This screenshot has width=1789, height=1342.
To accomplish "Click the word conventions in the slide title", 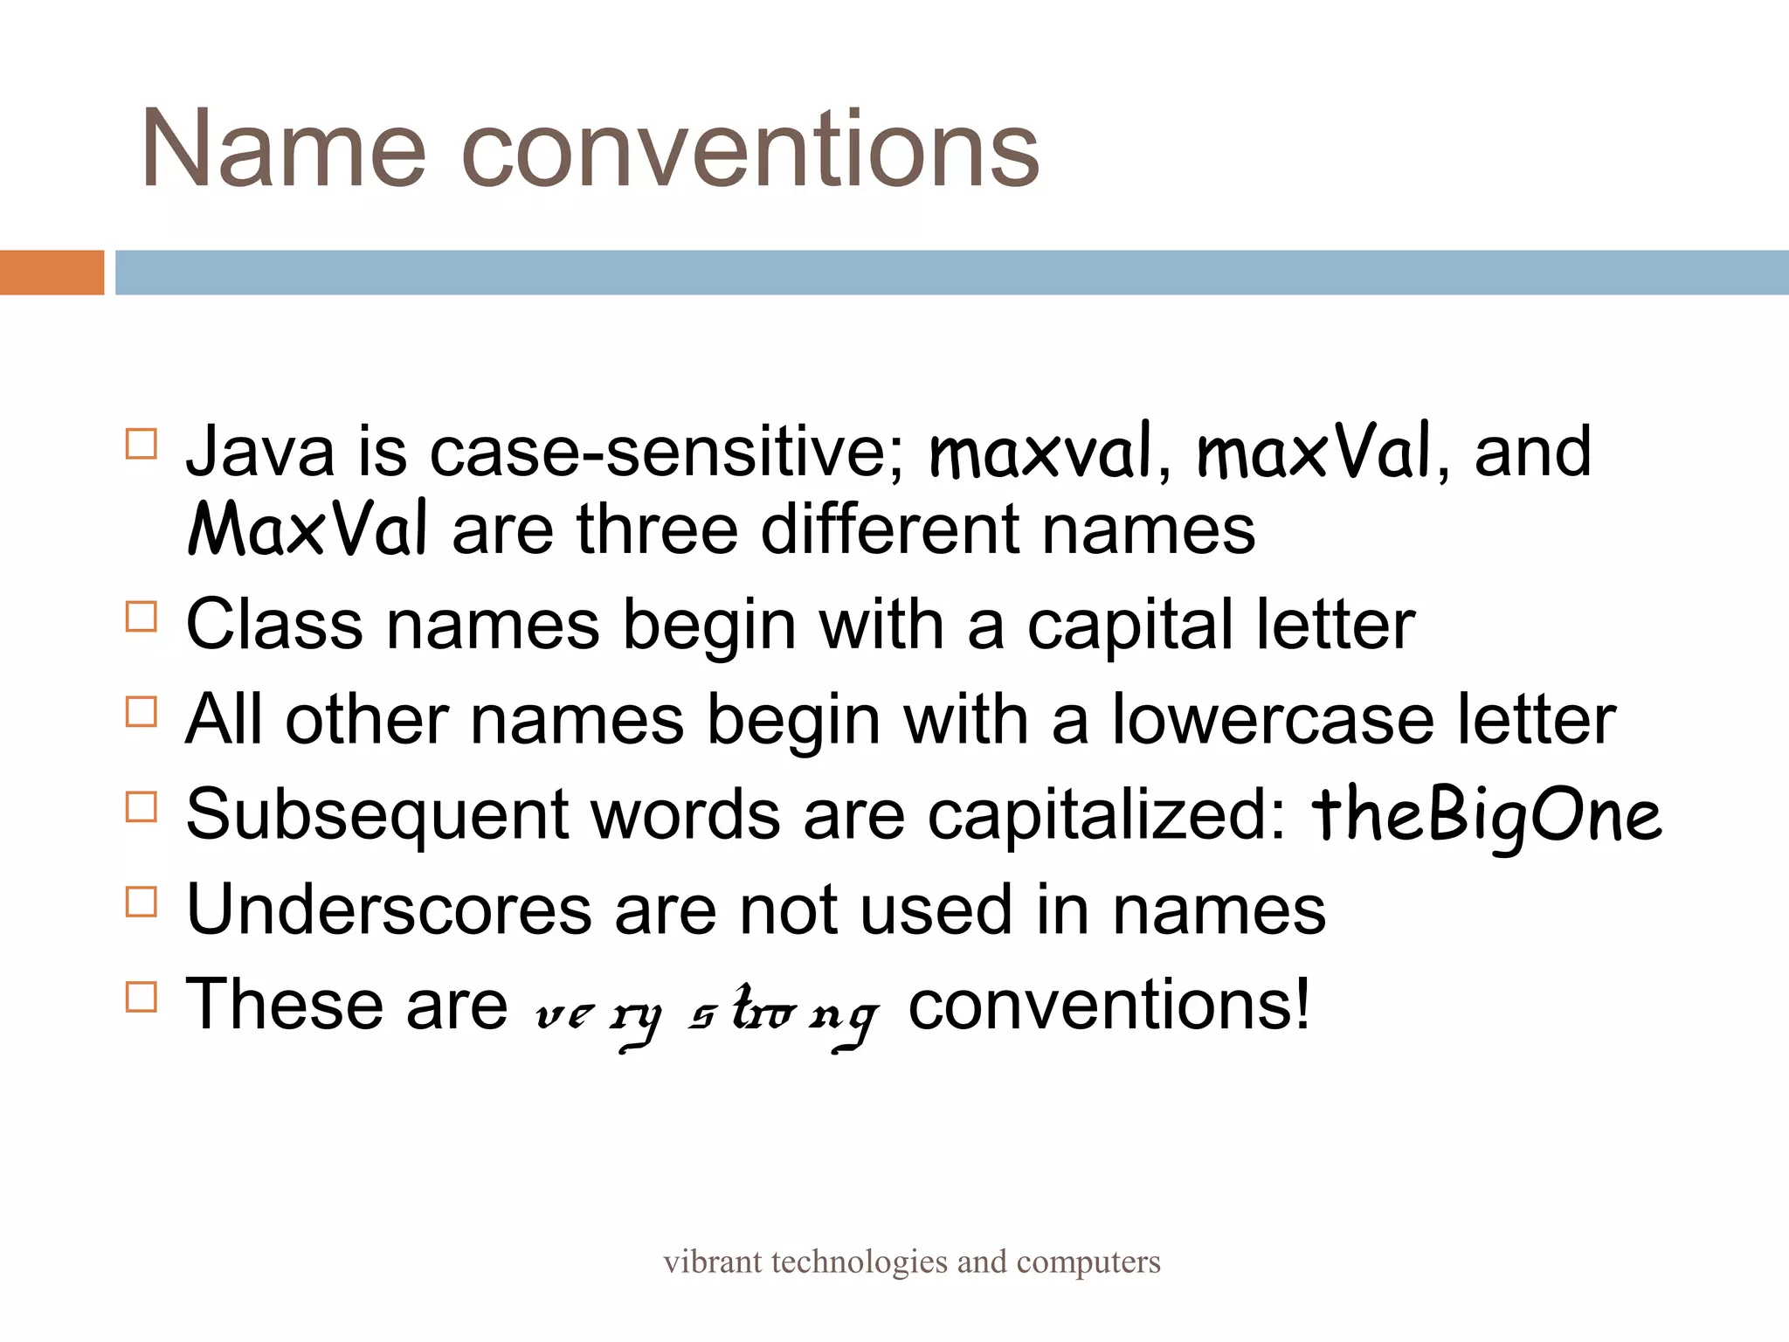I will point(749,150).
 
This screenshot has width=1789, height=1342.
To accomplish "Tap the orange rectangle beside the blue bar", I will point(52,273).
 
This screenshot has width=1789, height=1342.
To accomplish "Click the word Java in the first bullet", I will point(260,452).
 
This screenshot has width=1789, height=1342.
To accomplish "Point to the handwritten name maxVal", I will point(1314,452).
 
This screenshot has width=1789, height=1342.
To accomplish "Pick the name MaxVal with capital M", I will point(307,529).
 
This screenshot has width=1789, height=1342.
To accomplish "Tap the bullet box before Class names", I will point(142,617).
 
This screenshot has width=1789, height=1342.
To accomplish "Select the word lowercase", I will point(1272,720).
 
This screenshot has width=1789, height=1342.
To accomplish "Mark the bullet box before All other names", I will point(142,712).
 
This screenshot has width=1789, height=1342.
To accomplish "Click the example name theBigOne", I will point(1486,815).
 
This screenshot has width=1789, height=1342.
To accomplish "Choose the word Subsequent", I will point(376,814).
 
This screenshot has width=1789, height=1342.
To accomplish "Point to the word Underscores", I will point(389,910).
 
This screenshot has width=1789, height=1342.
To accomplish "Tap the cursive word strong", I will point(783,1013).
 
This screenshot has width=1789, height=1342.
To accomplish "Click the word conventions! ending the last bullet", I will point(1109,1005).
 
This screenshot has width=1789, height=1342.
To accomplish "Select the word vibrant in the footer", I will point(712,1262).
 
